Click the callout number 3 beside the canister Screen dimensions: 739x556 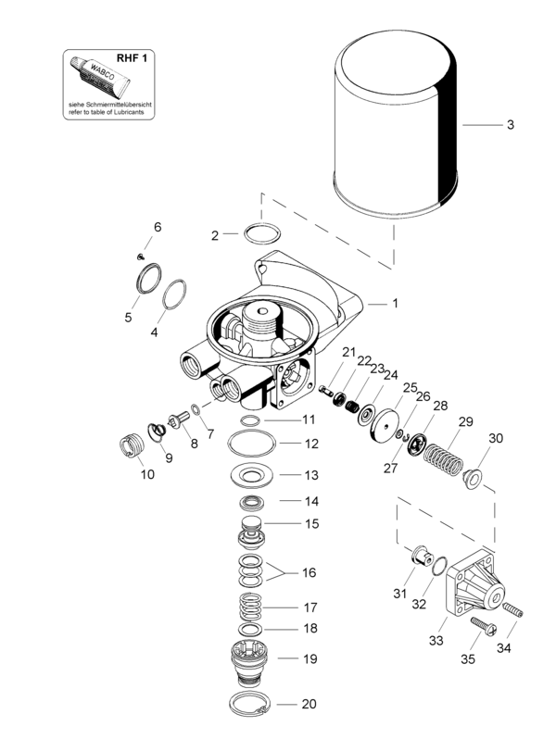[510, 125]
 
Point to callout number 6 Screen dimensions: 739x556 [157, 227]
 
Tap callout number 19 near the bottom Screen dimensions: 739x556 [310, 659]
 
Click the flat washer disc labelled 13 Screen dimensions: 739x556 [250, 476]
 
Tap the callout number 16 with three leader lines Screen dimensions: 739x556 [309, 573]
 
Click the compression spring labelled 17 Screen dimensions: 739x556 [250, 609]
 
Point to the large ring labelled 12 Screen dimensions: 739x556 [250, 445]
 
